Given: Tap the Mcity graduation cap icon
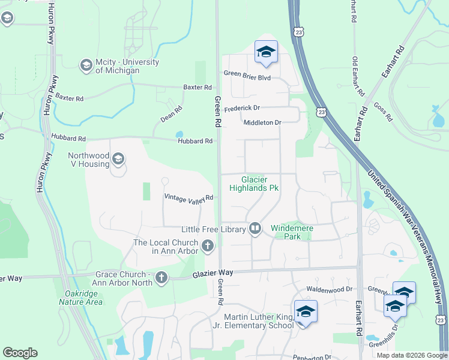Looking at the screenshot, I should [86, 64].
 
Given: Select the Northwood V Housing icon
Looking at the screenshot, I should [118, 159].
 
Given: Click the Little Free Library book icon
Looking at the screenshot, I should [255, 228].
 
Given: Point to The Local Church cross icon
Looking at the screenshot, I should [208, 245].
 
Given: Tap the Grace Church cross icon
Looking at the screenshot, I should [161, 278].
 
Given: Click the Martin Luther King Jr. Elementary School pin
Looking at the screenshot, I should [306, 312].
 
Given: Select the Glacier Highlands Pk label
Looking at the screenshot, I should [253, 184].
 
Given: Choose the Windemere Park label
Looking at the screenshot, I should [294, 232].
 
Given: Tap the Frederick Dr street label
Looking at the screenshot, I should [242, 109].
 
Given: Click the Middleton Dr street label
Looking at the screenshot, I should [262, 122].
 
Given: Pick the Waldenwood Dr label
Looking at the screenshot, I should [328, 289].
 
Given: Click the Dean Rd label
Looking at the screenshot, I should [171, 114].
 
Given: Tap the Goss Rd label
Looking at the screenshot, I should [382, 112].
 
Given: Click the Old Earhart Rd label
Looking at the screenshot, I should [358, 77].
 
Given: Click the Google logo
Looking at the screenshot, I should [20, 353].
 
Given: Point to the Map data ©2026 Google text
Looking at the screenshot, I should [411, 355].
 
